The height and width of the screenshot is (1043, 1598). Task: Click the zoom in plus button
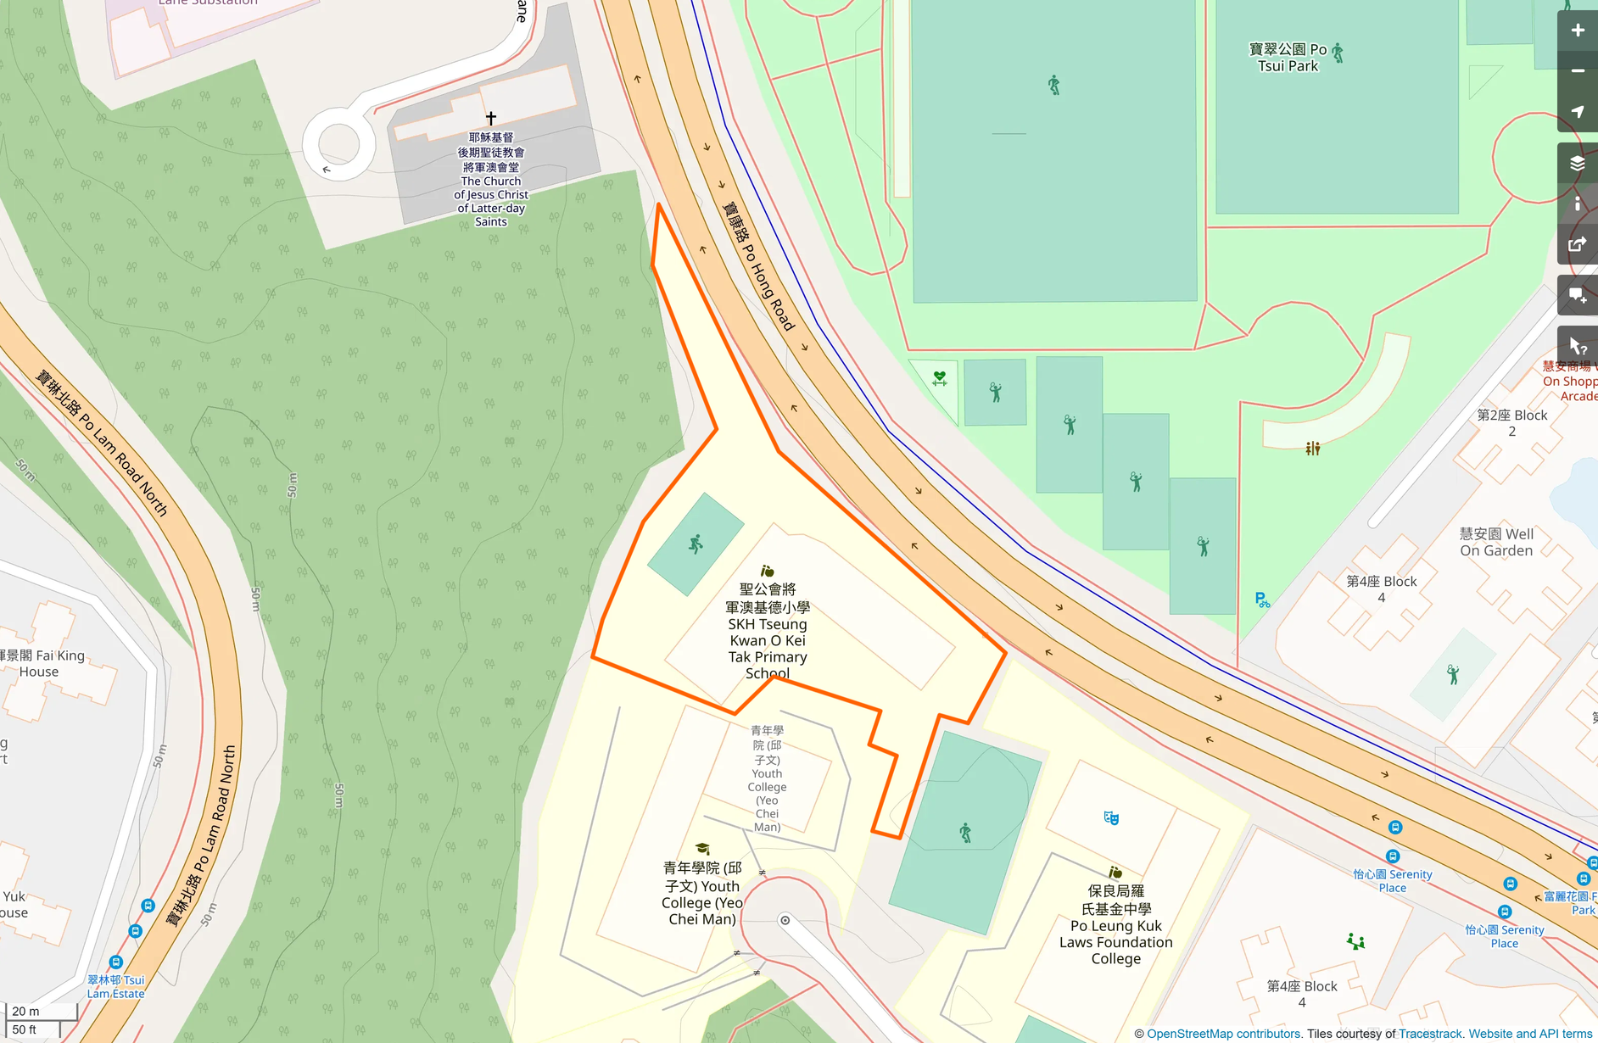coord(1577,31)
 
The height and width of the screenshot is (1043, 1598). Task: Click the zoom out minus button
coord(1577,71)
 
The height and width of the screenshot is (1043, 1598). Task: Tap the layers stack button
coord(1577,164)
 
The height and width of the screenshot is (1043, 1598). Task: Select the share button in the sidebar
coord(1577,245)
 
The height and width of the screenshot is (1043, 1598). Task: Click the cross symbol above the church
coord(490,118)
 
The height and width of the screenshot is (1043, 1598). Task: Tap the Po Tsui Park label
coord(1288,58)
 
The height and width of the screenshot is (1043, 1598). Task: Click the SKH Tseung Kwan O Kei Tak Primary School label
coord(767,631)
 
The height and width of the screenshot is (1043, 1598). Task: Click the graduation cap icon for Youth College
coord(702,849)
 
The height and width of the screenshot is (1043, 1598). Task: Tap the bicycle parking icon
coord(1262,600)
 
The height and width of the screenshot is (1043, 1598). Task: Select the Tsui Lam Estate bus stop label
coord(115,986)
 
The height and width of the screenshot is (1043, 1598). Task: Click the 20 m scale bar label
coord(25,1011)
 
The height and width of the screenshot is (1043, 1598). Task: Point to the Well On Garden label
coord(1495,542)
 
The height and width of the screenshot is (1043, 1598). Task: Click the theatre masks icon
coord(1111,817)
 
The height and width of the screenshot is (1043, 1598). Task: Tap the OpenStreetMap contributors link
coord(1223,1034)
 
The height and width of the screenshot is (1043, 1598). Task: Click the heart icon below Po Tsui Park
coord(939,378)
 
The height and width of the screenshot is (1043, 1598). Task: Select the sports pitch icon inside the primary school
coord(696,544)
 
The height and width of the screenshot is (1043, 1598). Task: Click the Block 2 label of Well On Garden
coord(1511,422)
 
